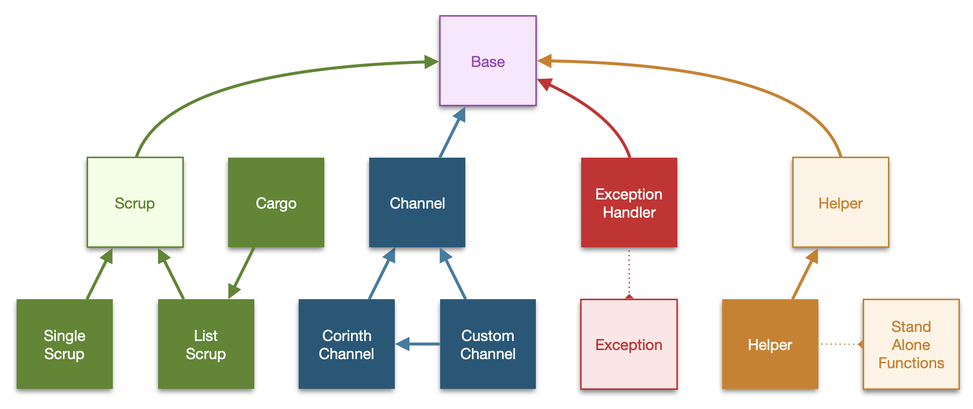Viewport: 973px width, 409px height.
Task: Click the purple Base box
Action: point(488,61)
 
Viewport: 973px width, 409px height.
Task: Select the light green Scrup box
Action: point(135,202)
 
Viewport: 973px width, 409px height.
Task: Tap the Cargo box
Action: point(276,202)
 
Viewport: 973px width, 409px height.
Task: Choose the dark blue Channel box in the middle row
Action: point(417,202)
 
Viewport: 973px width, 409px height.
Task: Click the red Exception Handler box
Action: point(629,202)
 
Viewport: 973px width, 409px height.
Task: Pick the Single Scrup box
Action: point(64,344)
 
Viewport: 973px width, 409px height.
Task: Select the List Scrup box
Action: point(206,344)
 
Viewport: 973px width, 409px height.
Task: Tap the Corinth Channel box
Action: point(346,344)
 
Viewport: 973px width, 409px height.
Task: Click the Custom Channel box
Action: point(488,344)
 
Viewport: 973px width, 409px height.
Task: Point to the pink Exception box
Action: point(629,345)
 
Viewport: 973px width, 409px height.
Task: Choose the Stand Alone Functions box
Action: point(911,345)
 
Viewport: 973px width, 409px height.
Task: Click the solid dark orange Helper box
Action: point(770,344)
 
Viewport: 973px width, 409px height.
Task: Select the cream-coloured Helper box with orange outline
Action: point(841,202)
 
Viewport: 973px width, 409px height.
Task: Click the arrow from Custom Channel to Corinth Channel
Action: point(418,345)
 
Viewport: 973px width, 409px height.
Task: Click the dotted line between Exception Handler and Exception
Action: point(629,273)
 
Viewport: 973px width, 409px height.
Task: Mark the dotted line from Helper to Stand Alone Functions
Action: point(841,345)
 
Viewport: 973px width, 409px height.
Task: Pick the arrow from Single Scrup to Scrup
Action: point(100,274)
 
